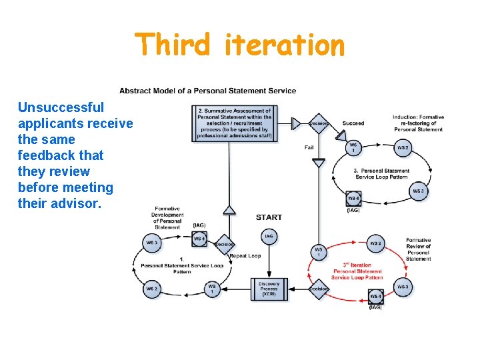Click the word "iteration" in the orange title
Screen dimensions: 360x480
[x=285, y=45]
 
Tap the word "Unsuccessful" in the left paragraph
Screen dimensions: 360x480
[x=61, y=107]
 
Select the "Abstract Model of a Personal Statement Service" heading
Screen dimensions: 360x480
[x=208, y=91]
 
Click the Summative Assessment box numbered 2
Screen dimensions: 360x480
[x=234, y=123]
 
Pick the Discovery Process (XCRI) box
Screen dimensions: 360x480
[x=269, y=289]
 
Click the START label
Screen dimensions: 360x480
[x=269, y=217]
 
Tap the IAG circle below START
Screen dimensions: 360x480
[x=269, y=236]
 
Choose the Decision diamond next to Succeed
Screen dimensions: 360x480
[x=319, y=123]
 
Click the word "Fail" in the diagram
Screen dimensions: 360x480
[x=309, y=147]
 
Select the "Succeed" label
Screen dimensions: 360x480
[x=353, y=123]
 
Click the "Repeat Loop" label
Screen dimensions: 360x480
[x=245, y=255]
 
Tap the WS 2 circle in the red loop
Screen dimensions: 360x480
[x=376, y=244]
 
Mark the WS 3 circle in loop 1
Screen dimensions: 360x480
[x=152, y=243]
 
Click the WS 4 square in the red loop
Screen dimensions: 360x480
[x=375, y=295]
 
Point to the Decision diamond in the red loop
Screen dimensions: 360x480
[x=319, y=289]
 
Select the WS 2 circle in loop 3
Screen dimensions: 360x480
[x=403, y=147]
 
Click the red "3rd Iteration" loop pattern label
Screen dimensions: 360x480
[x=357, y=271]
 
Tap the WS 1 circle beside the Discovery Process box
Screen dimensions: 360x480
[x=211, y=288]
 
